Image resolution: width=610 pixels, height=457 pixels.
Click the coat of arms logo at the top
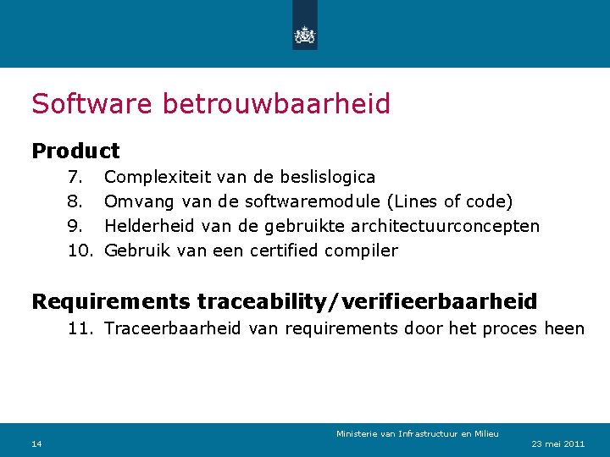304,35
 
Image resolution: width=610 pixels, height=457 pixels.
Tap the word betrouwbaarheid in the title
276,104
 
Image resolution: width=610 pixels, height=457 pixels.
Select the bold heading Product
75,151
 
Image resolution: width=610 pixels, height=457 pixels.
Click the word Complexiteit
158,177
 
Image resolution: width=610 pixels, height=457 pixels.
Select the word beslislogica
325,177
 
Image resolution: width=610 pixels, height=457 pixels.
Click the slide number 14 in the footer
36,444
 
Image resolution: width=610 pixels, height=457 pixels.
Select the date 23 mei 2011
557,444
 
